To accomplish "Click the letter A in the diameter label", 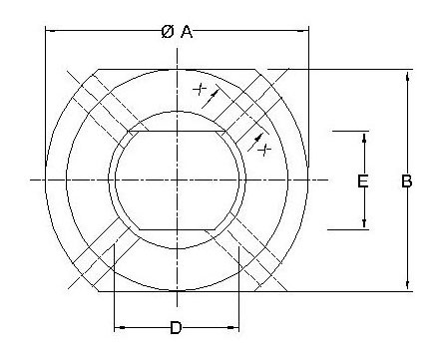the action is (187, 32).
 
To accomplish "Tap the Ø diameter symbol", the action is (168, 32).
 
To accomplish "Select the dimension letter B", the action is (407, 181).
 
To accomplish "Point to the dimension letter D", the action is (176, 328).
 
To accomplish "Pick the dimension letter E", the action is (362, 181).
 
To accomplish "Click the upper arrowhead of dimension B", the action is (407, 77).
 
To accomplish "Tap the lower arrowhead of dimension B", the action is (407, 284).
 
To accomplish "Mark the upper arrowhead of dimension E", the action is (364, 138).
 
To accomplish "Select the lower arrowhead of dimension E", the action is (364, 223).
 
